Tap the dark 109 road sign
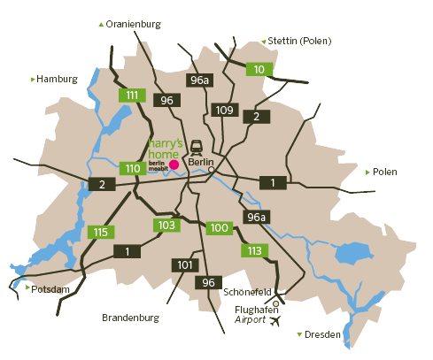[224, 111]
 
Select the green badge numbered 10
[259, 70]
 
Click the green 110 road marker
[133, 168]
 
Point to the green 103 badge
[166, 226]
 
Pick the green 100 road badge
[220, 228]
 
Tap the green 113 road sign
[255, 250]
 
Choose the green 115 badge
[101, 233]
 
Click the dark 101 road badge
[185, 265]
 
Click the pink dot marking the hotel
[174, 165]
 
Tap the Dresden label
[322, 335]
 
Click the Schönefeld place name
[247, 290]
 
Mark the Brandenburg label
[130, 317]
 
